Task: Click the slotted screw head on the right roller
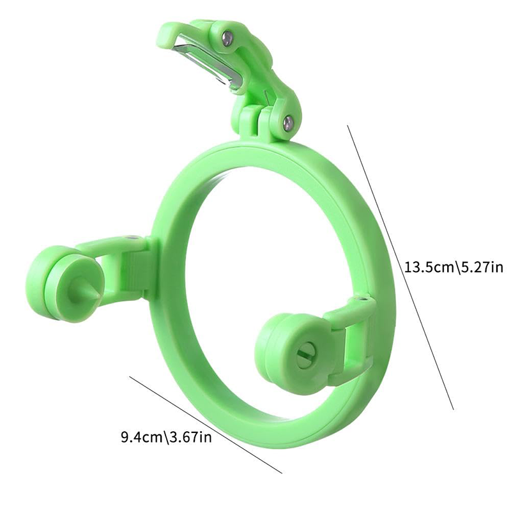pyautogui.click(x=303, y=353)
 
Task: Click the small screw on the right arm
pyautogui.click(x=363, y=298)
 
